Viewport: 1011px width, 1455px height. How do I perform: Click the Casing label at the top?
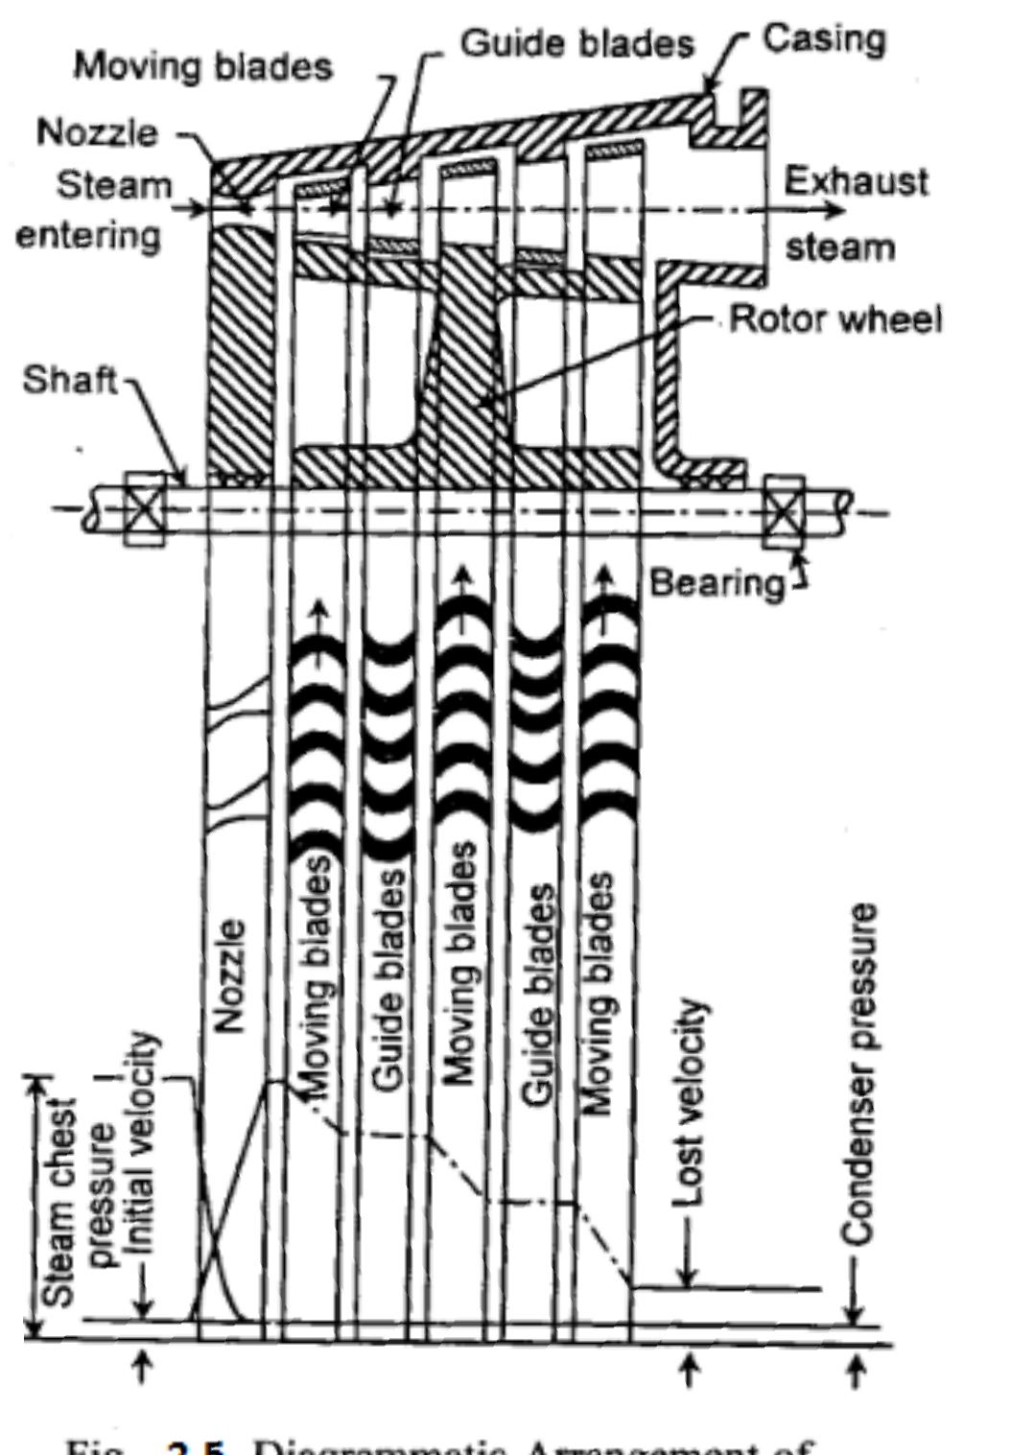(824, 39)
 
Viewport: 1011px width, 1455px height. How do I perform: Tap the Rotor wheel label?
(835, 319)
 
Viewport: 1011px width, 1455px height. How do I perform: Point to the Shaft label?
(68, 380)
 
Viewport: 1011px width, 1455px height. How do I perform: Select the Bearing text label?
(717, 582)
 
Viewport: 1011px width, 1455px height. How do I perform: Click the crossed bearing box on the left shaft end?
(144, 509)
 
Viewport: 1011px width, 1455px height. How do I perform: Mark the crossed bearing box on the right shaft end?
(785, 510)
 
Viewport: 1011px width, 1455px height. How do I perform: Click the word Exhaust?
(856, 181)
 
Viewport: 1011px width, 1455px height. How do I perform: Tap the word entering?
(87, 235)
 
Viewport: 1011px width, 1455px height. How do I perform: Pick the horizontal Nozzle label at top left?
(97, 131)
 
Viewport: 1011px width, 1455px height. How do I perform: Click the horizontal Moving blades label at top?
(203, 66)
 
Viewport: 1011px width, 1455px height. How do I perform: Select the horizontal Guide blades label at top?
(577, 43)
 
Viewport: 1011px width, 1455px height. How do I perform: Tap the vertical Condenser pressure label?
(859, 1074)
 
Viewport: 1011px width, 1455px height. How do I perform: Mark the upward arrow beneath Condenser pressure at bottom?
(856, 1369)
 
